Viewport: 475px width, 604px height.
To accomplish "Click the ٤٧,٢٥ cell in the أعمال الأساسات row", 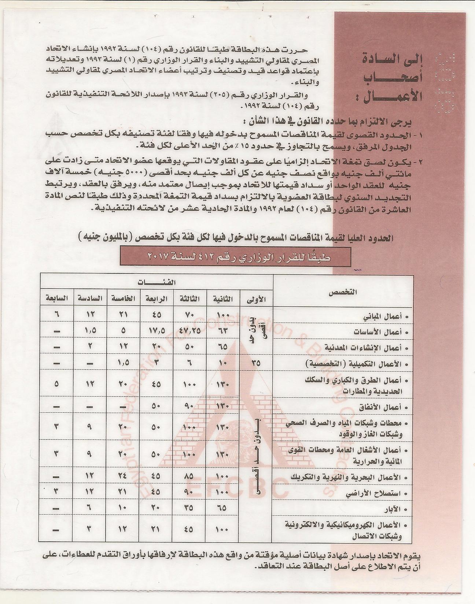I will tap(189, 331).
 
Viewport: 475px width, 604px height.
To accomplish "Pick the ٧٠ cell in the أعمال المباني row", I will tap(189, 315).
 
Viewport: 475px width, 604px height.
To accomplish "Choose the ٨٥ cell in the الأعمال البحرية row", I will tap(189, 478).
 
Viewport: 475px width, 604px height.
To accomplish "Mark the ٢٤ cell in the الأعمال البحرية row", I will tap(123, 478).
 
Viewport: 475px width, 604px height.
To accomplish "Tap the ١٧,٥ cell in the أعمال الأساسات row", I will tap(156, 331).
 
